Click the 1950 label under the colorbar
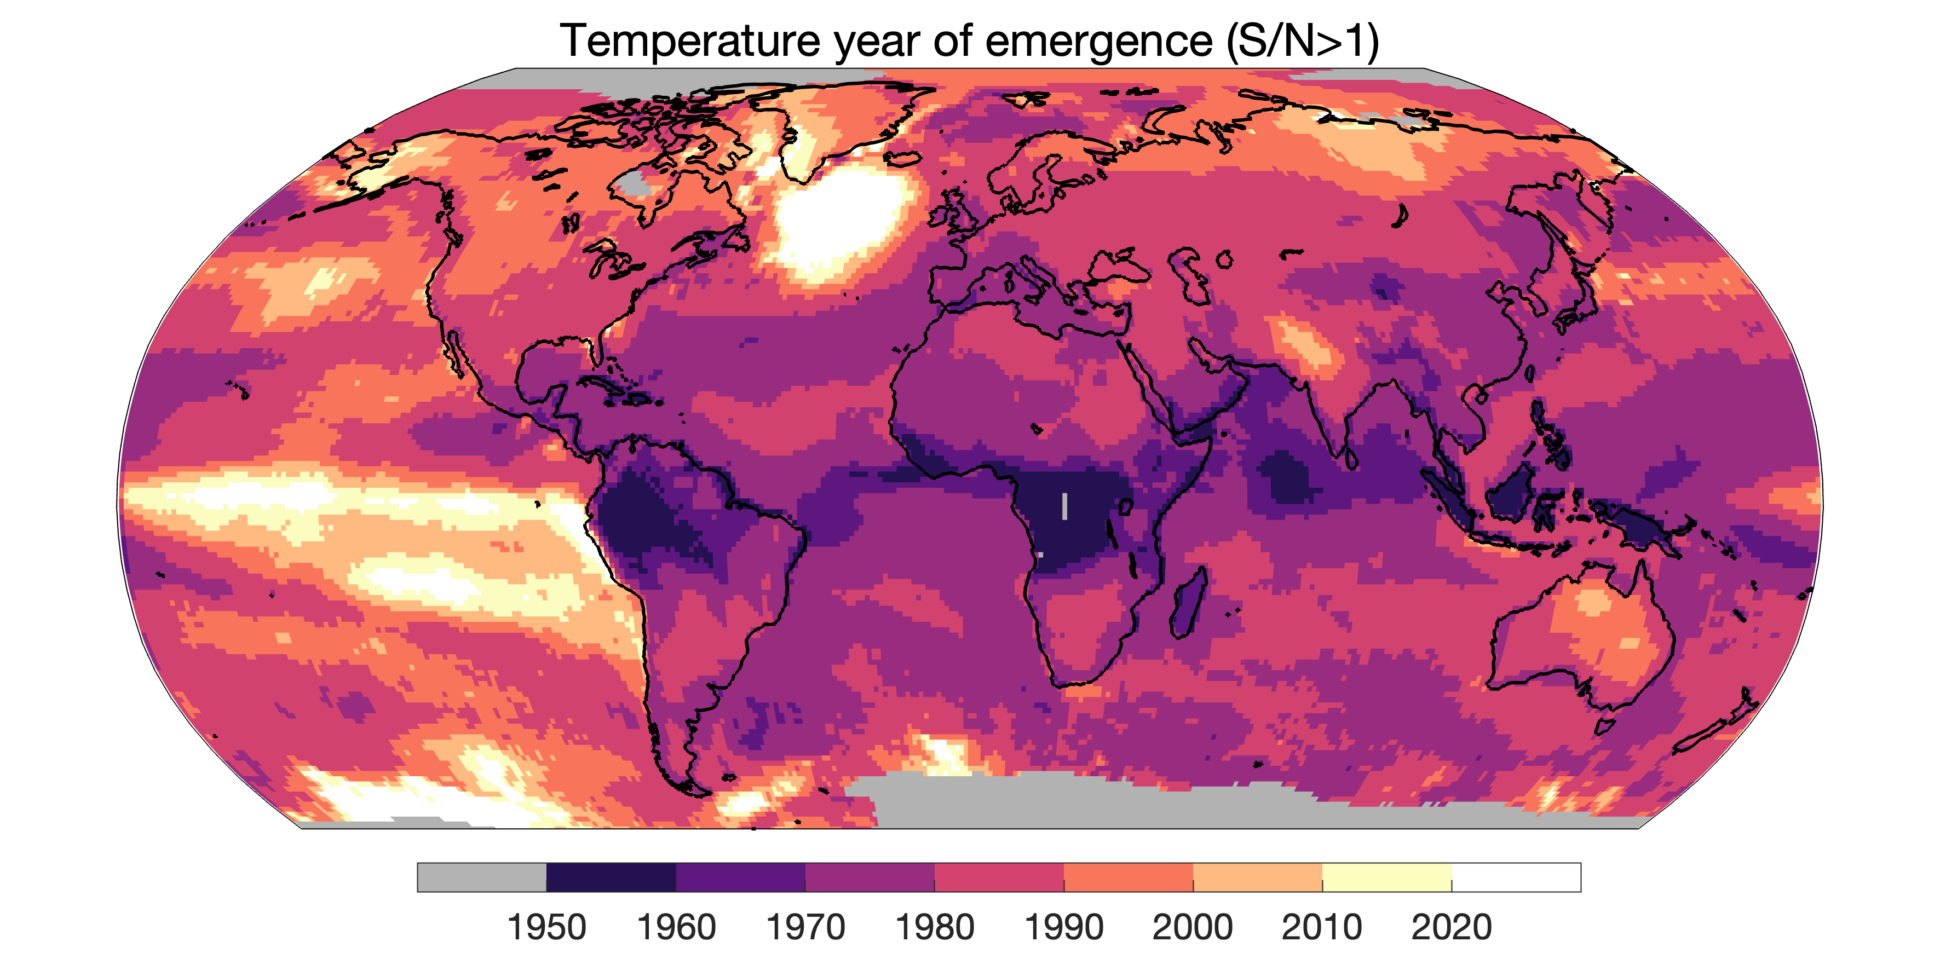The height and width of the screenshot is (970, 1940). [x=547, y=927]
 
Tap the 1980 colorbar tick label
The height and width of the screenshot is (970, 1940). [x=935, y=927]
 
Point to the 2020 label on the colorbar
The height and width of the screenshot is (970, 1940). [x=1451, y=927]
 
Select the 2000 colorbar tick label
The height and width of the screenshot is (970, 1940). [x=1193, y=927]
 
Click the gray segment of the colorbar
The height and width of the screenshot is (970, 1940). [x=482, y=877]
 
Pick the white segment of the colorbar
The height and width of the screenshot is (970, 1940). [x=1516, y=877]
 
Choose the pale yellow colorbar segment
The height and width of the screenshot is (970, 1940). [x=1387, y=877]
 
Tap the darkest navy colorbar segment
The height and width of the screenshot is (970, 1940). [x=612, y=877]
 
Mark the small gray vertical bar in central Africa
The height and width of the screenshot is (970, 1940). [x=1064, y=506]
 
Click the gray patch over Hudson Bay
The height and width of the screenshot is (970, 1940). [x=632, y=182]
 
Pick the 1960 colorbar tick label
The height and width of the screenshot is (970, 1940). [x=676, y=927]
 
